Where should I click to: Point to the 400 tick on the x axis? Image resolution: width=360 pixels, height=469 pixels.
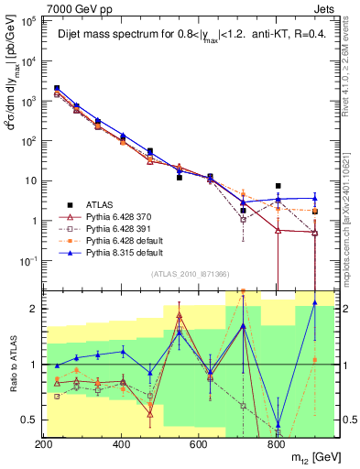click(x=121, y=444)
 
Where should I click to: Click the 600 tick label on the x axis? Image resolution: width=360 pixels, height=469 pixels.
click(x=199, y=444)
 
